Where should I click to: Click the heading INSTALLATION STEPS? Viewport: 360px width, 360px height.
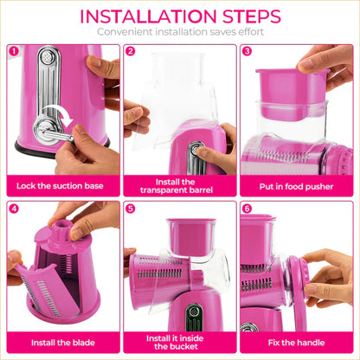coord(180,16)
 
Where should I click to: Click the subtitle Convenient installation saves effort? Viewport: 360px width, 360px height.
coord(180,32)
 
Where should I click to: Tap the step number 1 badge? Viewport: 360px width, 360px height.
coord(14,51)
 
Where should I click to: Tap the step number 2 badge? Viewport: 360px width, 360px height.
coord(131,51)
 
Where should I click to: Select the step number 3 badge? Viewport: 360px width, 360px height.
coord(247,51)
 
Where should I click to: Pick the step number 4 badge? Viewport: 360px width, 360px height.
coord(14,208)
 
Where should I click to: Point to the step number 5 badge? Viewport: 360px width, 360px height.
coord(131,208)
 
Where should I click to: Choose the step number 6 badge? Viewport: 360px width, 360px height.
coord(247,208)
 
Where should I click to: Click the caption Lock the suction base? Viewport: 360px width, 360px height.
coord(62,185)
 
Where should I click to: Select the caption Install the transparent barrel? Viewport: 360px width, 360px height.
coord(179,185)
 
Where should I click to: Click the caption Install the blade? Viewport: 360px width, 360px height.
coord(62,342)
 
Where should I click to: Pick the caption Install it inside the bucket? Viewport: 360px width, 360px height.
coord(179,342)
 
